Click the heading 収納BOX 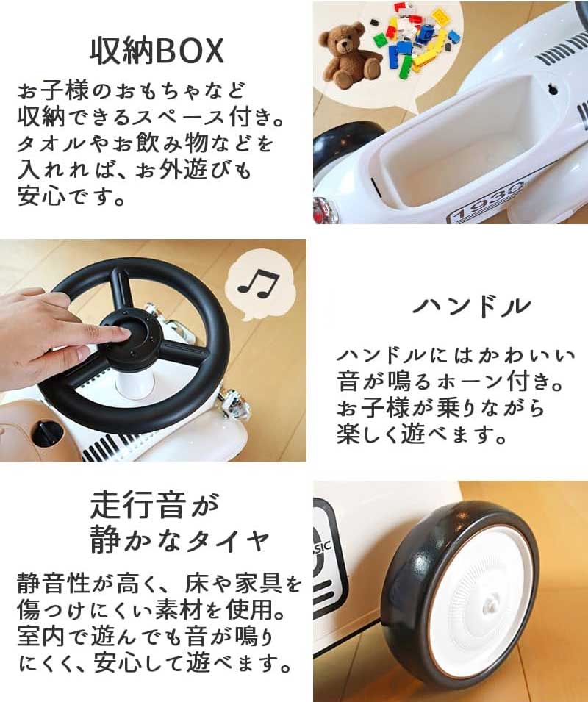coord(157,51)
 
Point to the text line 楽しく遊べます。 coord(422,435)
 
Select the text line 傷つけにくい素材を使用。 coord(158,611)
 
